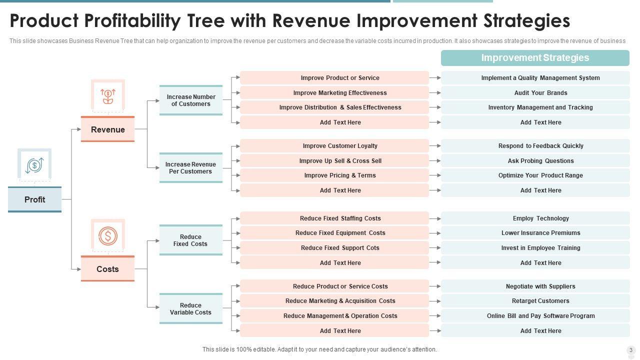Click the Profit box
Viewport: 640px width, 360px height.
34,199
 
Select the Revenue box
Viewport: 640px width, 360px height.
107,129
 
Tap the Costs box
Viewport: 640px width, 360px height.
107,269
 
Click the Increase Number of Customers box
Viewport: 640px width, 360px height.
190,100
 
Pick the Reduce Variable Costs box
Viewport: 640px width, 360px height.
190,308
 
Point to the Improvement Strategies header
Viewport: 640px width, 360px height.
535,58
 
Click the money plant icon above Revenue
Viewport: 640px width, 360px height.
108,95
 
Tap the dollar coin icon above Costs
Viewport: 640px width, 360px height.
108,235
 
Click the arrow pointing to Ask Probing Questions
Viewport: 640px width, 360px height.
435,161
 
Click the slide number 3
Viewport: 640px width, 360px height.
631,350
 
